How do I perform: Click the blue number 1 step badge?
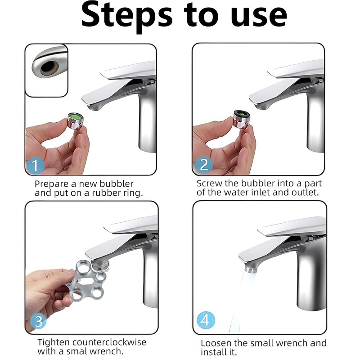35,165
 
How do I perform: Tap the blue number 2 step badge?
204,165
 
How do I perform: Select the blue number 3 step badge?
38,321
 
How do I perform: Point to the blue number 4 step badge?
206,320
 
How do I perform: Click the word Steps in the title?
127,16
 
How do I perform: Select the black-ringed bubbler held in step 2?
242,118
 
